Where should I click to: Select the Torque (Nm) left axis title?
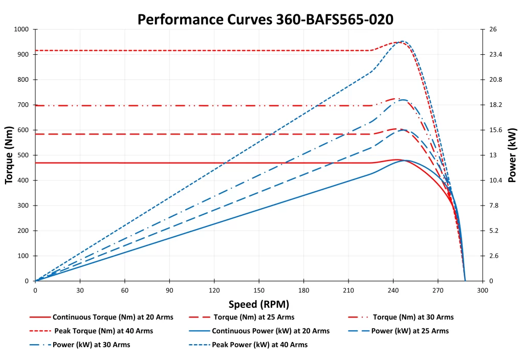click(9, 154)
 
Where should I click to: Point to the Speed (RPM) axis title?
click(258, 304)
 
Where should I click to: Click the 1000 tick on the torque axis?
click(22, 29)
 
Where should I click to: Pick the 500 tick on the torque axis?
click(24, 155)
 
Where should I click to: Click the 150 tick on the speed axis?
click(258, 290)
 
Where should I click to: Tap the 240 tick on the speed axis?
click(393, 290)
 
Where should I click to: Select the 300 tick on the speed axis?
click(482, 290)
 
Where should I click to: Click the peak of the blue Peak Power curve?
click(402, 41)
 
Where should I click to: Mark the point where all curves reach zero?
click(465, 281)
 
